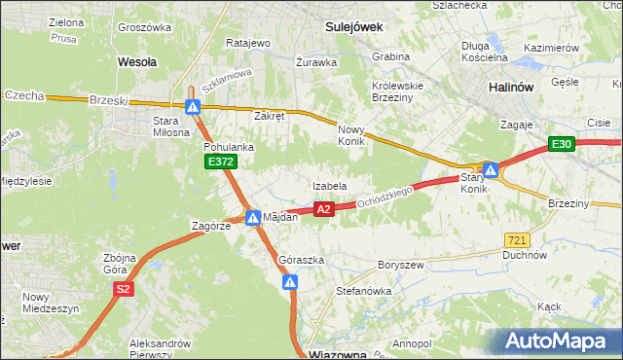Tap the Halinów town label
(509, 87)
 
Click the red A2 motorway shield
(324, 209)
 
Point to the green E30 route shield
(560, 144)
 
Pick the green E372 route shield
(220, 162)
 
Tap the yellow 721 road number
(518, 239)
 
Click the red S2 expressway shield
(123, 289)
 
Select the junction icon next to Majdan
(252, 217)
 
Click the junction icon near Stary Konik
(492, 170)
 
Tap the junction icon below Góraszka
(290, 282)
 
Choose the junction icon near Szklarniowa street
(194, 107)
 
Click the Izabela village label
(329, 185)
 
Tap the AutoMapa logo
(556, 342)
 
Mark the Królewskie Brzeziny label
(396, 91)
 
